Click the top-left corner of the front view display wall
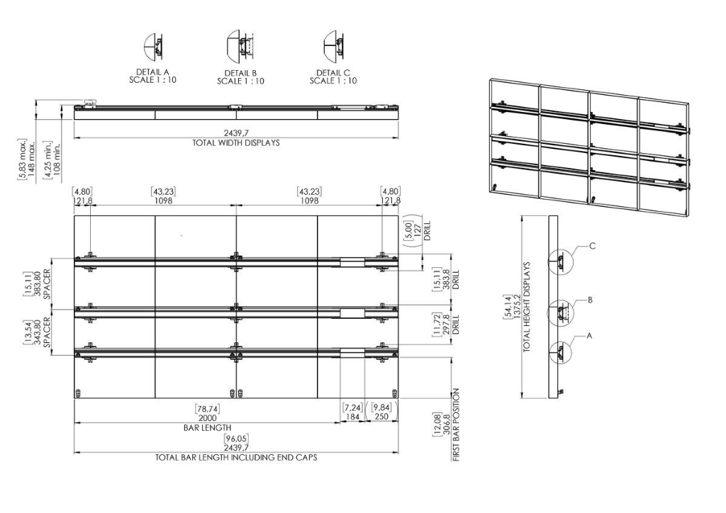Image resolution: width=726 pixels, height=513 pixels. [x=74, y=216]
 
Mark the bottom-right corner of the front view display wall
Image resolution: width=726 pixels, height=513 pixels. [x=398, y=398]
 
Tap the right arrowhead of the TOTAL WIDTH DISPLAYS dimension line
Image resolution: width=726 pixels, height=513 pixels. [x=397, y=137]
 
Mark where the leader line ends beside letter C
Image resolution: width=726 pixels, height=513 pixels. [x=588, y=246]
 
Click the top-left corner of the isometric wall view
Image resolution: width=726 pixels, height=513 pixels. [x=490, y=79]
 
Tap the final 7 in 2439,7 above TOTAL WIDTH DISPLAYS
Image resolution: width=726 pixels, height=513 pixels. [x=253, y=133]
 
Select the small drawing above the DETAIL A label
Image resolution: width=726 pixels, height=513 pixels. [x=154, y=46]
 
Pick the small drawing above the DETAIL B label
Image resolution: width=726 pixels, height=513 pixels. [x=241, y=45]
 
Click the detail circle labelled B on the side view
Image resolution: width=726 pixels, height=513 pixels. [x=560, y=312]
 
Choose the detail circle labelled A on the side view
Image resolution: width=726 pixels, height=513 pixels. [x=560, y=351]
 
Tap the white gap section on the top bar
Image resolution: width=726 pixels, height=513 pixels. [x=352, y=262]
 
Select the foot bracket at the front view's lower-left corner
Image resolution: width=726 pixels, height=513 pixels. [x=78, y=394]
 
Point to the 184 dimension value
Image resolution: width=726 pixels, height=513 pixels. [x=352, y=417]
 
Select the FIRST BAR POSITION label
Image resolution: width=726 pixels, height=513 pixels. [x=456, y=424]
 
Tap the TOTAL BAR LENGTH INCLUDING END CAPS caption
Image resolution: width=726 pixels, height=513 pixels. [x=236, y=457]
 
